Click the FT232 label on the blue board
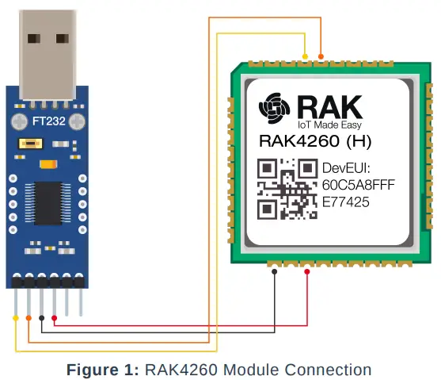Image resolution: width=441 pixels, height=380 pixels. tap(44, 121)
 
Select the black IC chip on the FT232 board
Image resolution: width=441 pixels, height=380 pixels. tap(45, 202)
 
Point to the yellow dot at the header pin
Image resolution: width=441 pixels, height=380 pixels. tap(16, 318)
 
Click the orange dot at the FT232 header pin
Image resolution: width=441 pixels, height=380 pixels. tap(29, 318)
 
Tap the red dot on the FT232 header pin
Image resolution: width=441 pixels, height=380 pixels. tap(54, 318)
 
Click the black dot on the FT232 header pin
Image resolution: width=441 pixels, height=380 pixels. tap(41, 318)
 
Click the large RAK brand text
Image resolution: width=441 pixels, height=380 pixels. tap(331, 106)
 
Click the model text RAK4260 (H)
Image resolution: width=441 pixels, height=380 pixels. tap(315, 143)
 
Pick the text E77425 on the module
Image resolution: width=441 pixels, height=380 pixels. tap(348, 202)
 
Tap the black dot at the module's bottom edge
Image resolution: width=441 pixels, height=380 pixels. tap(274, 271)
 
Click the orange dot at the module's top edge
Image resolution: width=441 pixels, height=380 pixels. tap(320, 56)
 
